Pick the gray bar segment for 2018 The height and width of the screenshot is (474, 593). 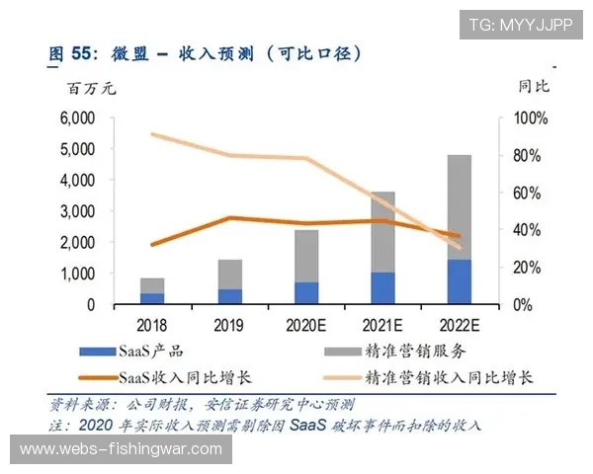tap(152, 285)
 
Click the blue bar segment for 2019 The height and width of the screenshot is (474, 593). tap(230, 296)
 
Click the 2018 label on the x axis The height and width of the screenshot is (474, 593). tap(151, 324)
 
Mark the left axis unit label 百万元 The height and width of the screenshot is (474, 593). tap(91, 89)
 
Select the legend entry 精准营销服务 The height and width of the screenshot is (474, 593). tap(416, 350)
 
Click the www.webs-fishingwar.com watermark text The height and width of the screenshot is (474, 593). tap(122, 449)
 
